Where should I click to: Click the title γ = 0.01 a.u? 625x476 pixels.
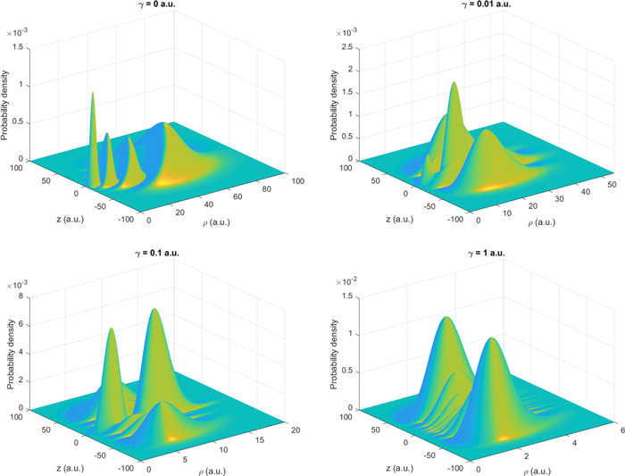(486, 4)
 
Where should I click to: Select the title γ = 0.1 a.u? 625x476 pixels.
(156, 253)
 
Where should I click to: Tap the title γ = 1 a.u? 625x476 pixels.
(486, 253)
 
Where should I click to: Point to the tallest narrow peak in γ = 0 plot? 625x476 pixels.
(93, 93)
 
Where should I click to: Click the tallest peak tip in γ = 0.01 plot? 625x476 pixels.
(454, 82)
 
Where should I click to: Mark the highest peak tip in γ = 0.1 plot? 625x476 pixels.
(154, 309)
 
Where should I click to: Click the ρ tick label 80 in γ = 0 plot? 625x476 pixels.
(266, 188)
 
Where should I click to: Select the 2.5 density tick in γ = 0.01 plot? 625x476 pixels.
(348, 47)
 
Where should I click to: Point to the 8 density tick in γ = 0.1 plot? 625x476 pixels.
(21, 296)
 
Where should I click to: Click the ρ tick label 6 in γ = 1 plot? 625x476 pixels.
(622, 430)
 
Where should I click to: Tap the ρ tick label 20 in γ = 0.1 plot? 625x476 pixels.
(296, 430)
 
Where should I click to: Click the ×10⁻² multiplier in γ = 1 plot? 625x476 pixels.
(346, 281)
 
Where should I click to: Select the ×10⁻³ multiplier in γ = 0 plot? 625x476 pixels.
(17, 33)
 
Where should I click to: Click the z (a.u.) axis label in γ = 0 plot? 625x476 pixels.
(71, 219)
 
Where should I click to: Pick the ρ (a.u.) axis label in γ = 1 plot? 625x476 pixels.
(537, 472)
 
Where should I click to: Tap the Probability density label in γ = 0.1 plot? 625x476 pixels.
(11, 354)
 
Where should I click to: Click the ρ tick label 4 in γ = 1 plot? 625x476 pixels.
(574, 443)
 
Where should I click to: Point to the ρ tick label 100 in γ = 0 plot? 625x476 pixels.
(297, 181)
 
